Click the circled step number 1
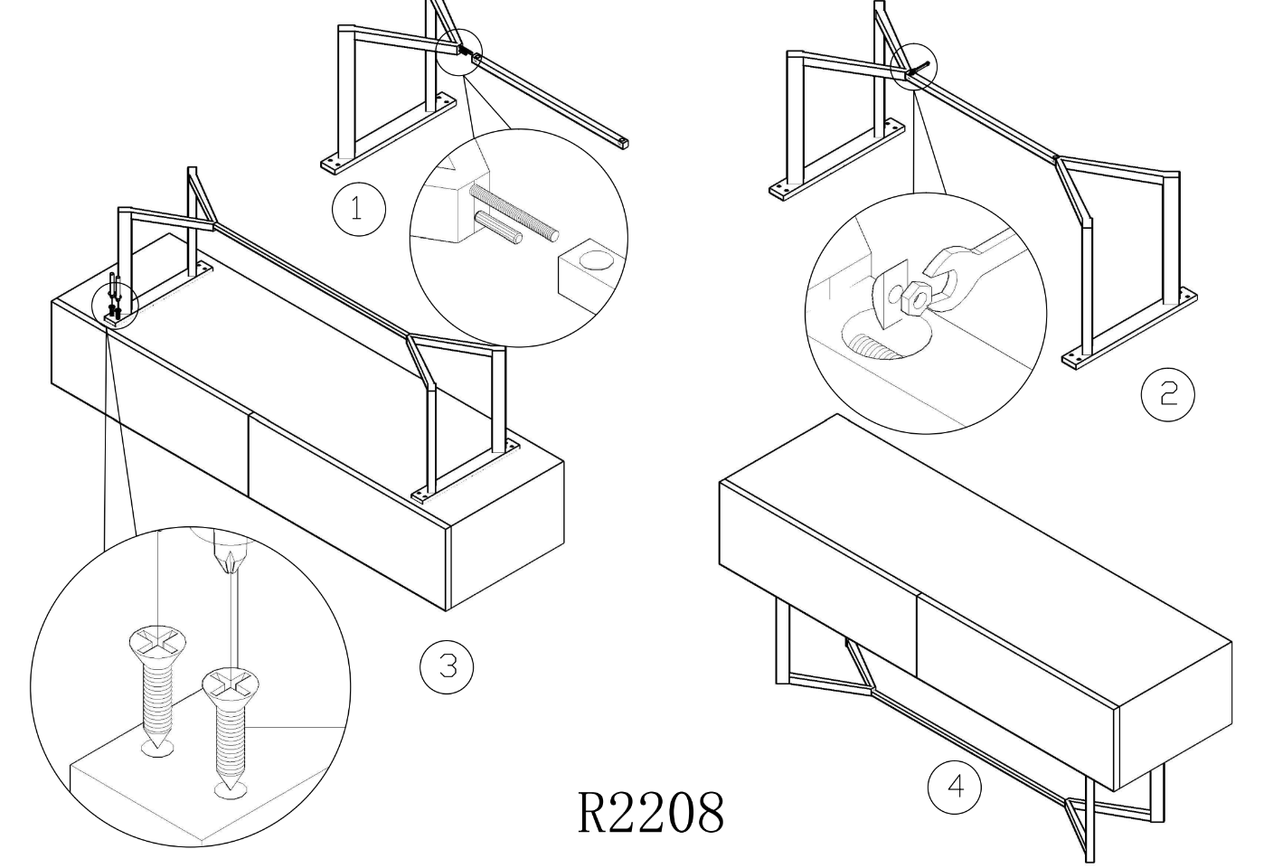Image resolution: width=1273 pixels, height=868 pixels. [x=359, y=209]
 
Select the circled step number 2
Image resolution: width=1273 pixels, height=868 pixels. [x=1168, y=394]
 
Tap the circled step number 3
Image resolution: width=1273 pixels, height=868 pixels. [x=447, y=666]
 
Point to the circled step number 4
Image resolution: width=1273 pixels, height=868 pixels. [x=954, y=788]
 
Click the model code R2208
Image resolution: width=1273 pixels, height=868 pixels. [x=651, y=813]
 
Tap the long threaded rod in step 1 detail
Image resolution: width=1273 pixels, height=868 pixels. [x=514, y=212]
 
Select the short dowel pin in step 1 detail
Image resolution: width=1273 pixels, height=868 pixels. [x=498, y=227]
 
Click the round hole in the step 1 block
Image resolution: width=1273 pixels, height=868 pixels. [x=595, y=260]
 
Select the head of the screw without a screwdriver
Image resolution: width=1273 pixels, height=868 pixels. [x=157, y=641]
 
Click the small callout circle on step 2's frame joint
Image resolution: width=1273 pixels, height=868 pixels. [x=913, y=67]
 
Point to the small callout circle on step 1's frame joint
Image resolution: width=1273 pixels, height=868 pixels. [x=458, y=52]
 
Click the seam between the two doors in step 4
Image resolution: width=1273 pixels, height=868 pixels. [x=916, y=636]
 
